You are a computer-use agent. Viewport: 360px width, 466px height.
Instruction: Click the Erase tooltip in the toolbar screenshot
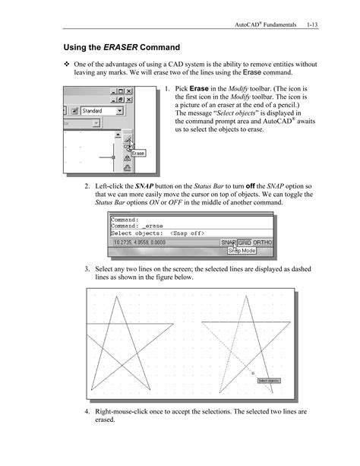[x=138, y=154]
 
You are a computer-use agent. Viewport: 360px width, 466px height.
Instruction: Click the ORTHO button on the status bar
[x=263, y=243]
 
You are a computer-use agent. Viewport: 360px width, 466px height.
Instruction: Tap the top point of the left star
[x=115, y=296]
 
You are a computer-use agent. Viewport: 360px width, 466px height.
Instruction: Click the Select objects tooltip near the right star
[x=269, y=380]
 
